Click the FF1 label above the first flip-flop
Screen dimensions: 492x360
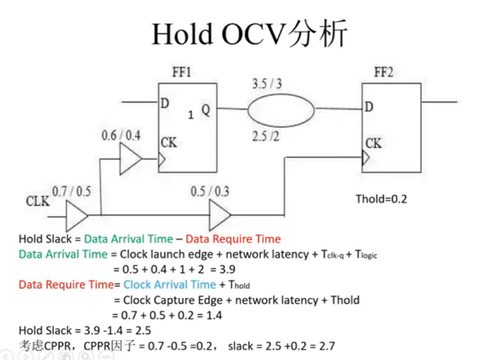pyautogui.click(x=181, y=72)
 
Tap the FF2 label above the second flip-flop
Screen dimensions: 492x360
pyautogui.click(x=384, y=72)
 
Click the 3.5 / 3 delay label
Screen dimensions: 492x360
pyautogui.click(x=267, y=84)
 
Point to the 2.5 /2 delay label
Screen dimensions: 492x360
pyautogui.click(x=266, y=136)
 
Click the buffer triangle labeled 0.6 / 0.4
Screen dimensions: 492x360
pyautogui.click(x=131, y=159)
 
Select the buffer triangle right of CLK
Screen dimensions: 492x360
pyautogui.click(x=77, y=216)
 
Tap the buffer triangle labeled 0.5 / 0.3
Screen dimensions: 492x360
pyautogui.click(x=220, y=215)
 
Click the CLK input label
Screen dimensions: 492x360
pyautogui.click(x=37, y=201)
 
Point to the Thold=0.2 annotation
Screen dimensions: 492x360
pyautogui.click(x=381, y=199)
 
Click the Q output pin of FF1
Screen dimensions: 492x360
pyautogui.click(x=206, y=110)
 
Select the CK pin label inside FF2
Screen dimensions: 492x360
pyautogui.click(x=373, y=144)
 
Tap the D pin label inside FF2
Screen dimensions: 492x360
pyautogui.click(x=369, y=107)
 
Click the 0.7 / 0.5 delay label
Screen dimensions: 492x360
pyautogui.click(x=72, y=191)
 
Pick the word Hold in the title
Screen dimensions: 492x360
pyautogui.click(x=182, y=34)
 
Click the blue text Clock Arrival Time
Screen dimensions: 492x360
pyautogui.click(x=170, y=285)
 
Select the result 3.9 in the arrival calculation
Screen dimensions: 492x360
pyautogui.click(x=227, y=269)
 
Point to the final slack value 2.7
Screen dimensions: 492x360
pyautogui.click(x=327, y=346)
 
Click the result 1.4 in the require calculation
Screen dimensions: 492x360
pyautogui.click(x=214, y=315)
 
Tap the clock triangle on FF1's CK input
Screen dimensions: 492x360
pyautogui.click(x=162, y=159)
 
